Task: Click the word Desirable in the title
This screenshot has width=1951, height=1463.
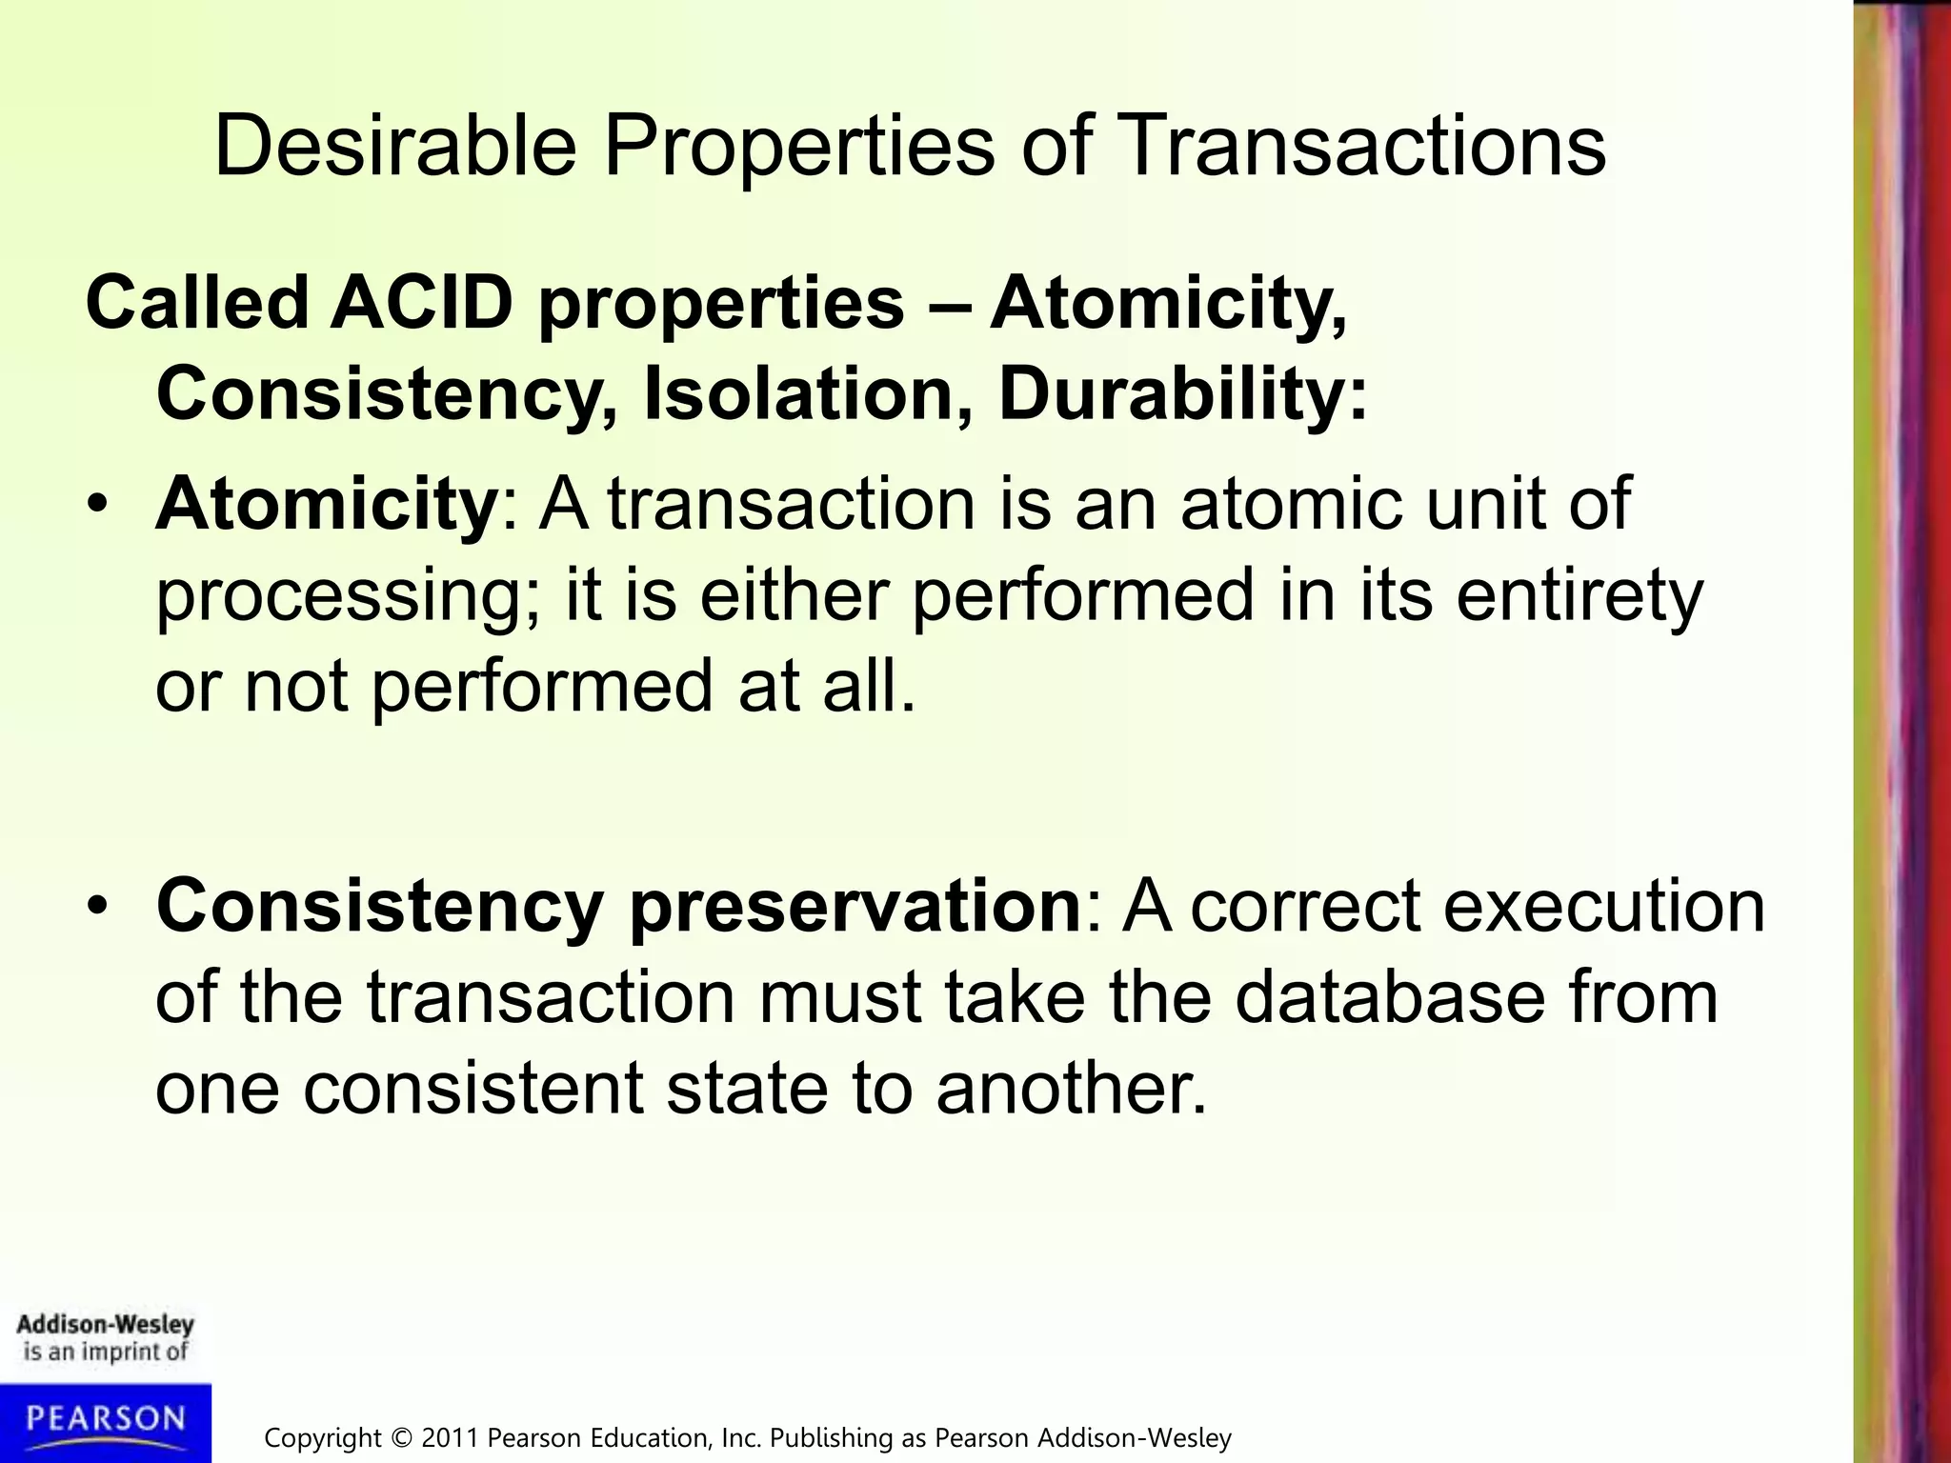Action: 395,146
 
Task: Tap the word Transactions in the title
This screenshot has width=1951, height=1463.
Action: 1364,146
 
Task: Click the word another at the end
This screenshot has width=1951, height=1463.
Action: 1071,1088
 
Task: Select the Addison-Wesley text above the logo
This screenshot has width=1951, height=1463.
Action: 105,1325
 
